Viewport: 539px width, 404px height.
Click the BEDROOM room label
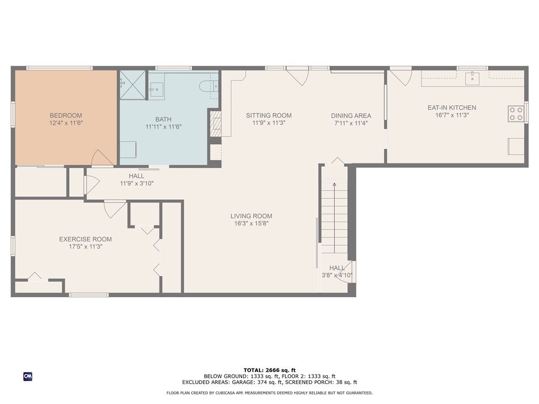(x=66, y=116)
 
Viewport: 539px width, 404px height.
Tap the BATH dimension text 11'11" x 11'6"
(x=163, y=127)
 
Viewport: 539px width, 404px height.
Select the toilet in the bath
(x=208, y=86)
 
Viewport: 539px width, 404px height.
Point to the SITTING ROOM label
(x=268, y=116)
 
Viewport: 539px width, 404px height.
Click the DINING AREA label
(x=351, y=116)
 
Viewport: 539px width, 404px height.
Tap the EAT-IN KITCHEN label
(x=452, y=108)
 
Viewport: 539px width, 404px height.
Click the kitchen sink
(x=472, y=78)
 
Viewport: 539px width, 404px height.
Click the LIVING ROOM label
(x=251, y=216)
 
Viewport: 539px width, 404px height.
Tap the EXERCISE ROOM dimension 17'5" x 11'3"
(x=85, y=246)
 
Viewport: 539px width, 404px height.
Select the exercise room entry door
(x=115, y=209)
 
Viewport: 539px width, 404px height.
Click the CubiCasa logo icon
(x=27, y=376)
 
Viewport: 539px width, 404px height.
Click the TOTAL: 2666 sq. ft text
(x=269, y=370)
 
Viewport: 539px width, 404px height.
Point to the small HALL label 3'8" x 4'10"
(x=337, y=275)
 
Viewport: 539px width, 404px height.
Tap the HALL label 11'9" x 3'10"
(x=136, y=184)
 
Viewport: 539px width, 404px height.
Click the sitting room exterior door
(x=298, y=76)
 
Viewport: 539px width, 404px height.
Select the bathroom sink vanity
(x=157, y=89)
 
